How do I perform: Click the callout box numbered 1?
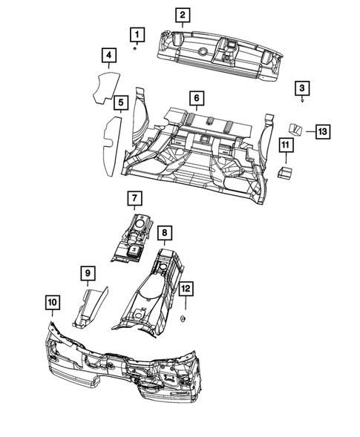[136, 33]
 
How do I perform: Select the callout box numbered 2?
[182, 14]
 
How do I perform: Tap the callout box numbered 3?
[302, 88]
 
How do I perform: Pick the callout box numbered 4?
[108, 56]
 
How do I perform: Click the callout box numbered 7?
[134, 198]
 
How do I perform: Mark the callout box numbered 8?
[165, 234]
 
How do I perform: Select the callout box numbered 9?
[87, 275]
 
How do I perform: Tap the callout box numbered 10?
[51, 303]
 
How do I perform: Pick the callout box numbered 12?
[186, 287]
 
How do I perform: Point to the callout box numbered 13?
[321, 131]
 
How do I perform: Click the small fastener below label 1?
[135, 48]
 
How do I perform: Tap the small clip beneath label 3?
[302, 100]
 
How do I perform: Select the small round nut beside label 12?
[183, 318]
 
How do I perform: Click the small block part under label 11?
[284, 172]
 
